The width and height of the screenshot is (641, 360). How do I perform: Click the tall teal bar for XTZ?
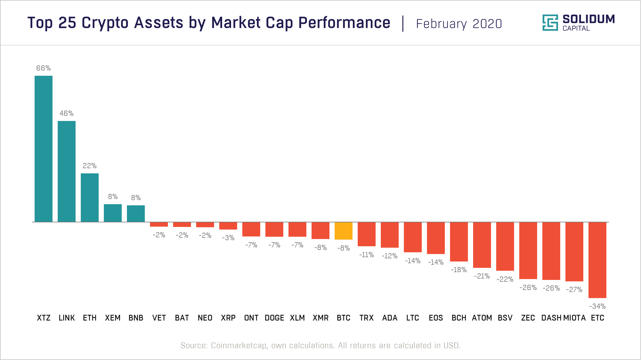click(44, 149)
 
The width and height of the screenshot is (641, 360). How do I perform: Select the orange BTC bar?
click(344, 231)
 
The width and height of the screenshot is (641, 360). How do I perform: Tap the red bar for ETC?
click(597, 260)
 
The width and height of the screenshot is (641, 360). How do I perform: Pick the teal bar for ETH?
click(90, 198)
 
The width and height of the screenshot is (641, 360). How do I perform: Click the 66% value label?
click(44, 68)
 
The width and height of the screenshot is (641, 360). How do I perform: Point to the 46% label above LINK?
click(67, 113)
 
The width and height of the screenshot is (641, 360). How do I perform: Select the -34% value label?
click(597, 306)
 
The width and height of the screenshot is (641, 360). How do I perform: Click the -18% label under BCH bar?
click(459, 270)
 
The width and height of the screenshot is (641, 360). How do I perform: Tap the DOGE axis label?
click(274, 318)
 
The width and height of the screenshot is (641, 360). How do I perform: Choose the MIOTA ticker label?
click(574, 318)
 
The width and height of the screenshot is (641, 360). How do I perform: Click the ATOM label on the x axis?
click(482, 318)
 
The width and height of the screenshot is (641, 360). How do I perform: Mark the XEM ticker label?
click(113, 318)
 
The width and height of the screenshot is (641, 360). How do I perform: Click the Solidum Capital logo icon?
click(550, 23)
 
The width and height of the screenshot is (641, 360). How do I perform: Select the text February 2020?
click(459, 24)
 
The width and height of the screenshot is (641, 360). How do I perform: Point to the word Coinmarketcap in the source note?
click(239, 345)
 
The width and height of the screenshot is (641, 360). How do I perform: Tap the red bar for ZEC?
click(528, 250)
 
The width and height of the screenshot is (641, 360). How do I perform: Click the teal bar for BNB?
click(136, 213)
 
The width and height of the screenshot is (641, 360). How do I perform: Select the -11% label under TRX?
click(366, 255)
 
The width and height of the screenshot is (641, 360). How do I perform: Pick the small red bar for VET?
click(159, 224)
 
